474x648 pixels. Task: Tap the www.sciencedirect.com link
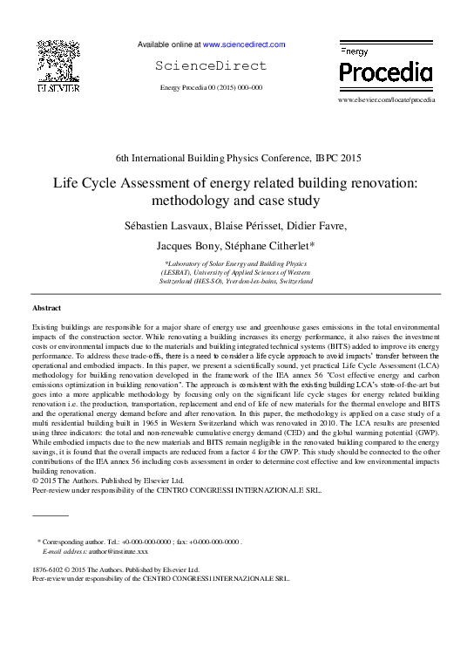click(243, 44)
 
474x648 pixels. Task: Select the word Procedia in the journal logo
click(384, 72)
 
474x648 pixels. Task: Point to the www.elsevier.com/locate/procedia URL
click(385, 100)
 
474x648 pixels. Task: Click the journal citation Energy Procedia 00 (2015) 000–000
click(212, 88)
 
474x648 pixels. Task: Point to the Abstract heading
click(46, 309)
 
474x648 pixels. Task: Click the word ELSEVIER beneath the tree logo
click(58, 88)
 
